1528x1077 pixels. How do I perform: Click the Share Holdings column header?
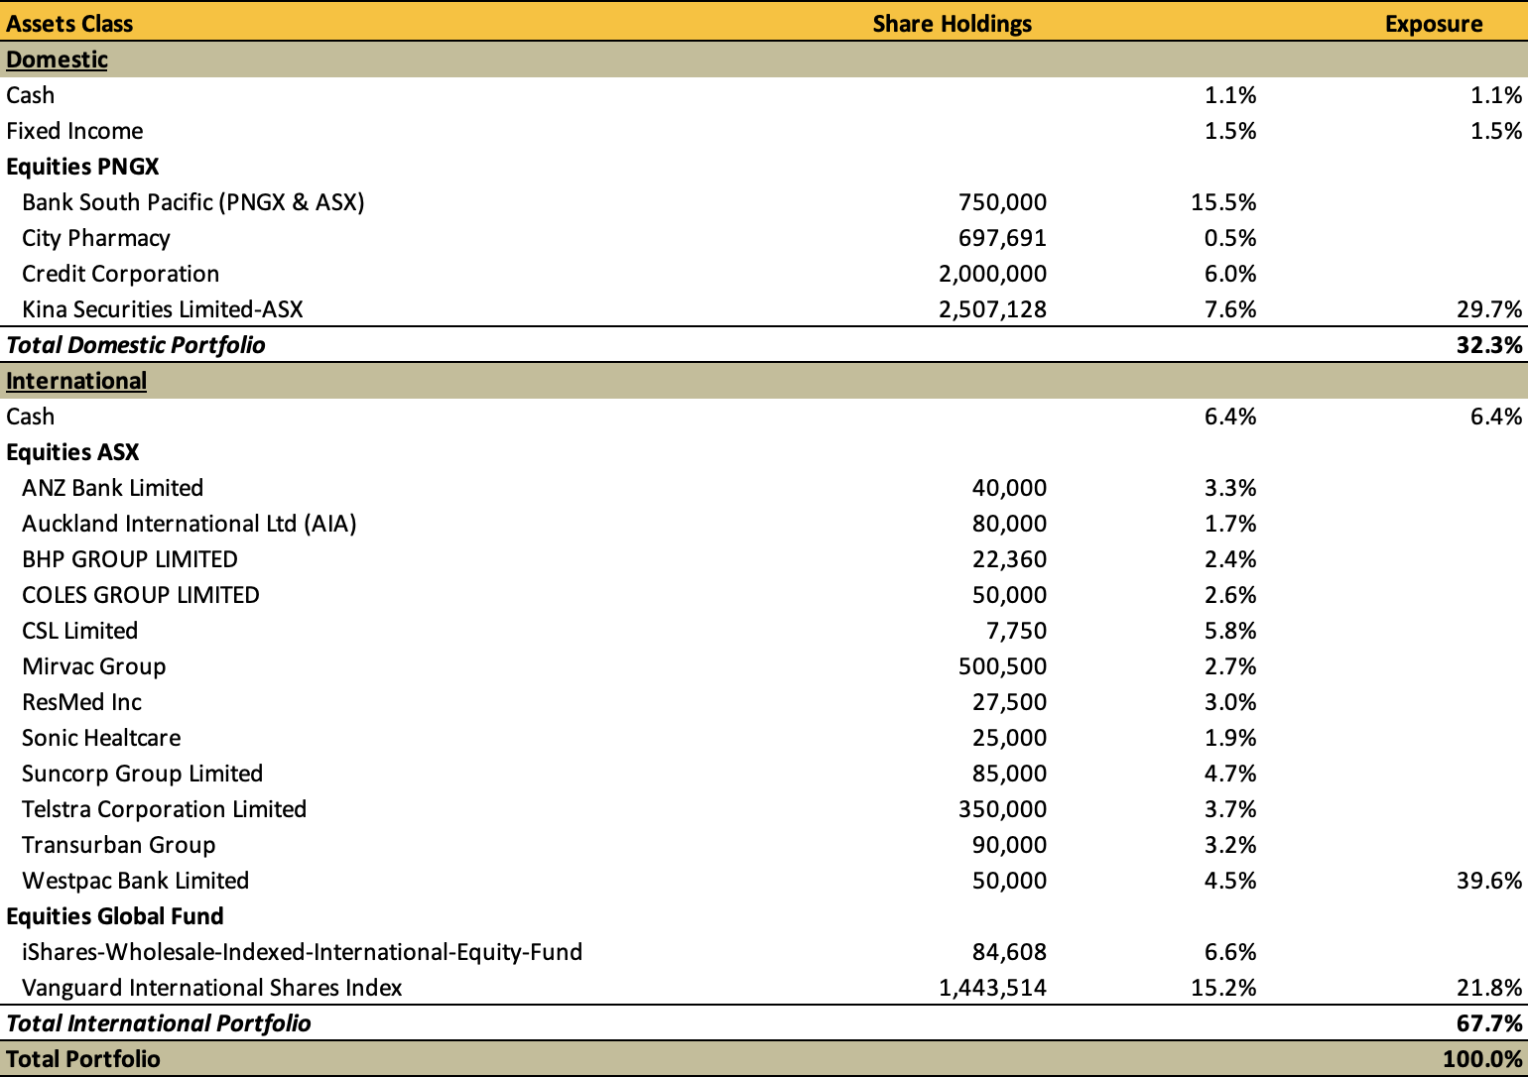952,24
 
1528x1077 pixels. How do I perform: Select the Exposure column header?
1433,24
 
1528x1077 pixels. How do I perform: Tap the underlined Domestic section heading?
57,60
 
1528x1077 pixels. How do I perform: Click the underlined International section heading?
76,381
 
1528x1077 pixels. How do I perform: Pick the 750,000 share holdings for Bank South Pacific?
1002,202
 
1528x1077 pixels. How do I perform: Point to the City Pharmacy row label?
95,239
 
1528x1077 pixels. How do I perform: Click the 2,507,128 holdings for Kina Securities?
992,309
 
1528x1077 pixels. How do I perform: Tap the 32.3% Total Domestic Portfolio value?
1489,345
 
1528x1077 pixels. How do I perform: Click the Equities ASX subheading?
72,452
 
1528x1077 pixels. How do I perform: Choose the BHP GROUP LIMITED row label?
130,559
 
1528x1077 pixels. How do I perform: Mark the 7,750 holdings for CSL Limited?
1016,631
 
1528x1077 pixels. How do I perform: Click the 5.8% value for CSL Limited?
1230,631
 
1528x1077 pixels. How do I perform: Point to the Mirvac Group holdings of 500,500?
1002,666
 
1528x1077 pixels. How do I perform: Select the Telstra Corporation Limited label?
164,809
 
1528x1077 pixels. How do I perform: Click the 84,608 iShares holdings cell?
1009,952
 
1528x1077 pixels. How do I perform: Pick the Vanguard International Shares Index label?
211,988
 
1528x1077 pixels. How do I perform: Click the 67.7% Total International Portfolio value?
1489,1023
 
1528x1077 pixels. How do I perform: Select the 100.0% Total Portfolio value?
1482,1058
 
